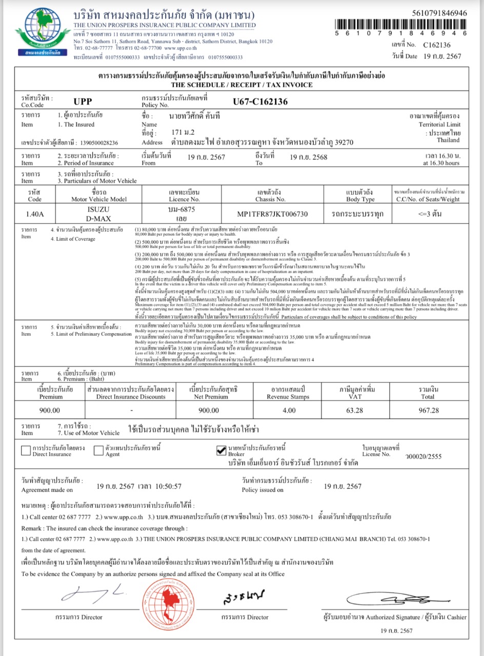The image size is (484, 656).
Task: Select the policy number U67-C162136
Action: tap(260, 101)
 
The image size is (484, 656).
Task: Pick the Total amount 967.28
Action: tap(428, 410)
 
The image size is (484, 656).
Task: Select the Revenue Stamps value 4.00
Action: tap(289, 410)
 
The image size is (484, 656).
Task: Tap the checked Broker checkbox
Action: tap(221, 450)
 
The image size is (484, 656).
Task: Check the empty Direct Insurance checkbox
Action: tap(26, 451)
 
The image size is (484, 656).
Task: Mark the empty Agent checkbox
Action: tap(99, 451)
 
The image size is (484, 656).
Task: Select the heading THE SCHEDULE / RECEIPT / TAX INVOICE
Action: tap(241, 84)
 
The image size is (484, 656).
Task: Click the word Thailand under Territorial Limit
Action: tap(448, 140)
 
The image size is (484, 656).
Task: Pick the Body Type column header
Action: tap(360, 196)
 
